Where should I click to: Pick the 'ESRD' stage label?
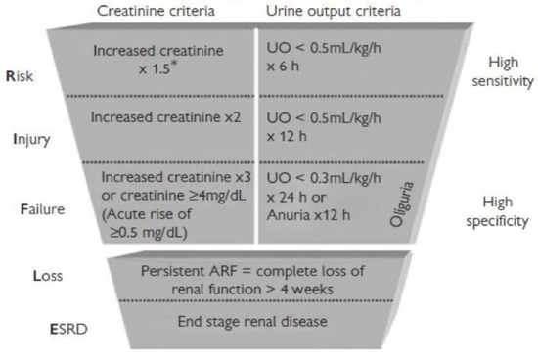[45, 326]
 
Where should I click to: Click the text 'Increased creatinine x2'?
[158, 117]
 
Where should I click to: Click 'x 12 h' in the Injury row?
[291, 138]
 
